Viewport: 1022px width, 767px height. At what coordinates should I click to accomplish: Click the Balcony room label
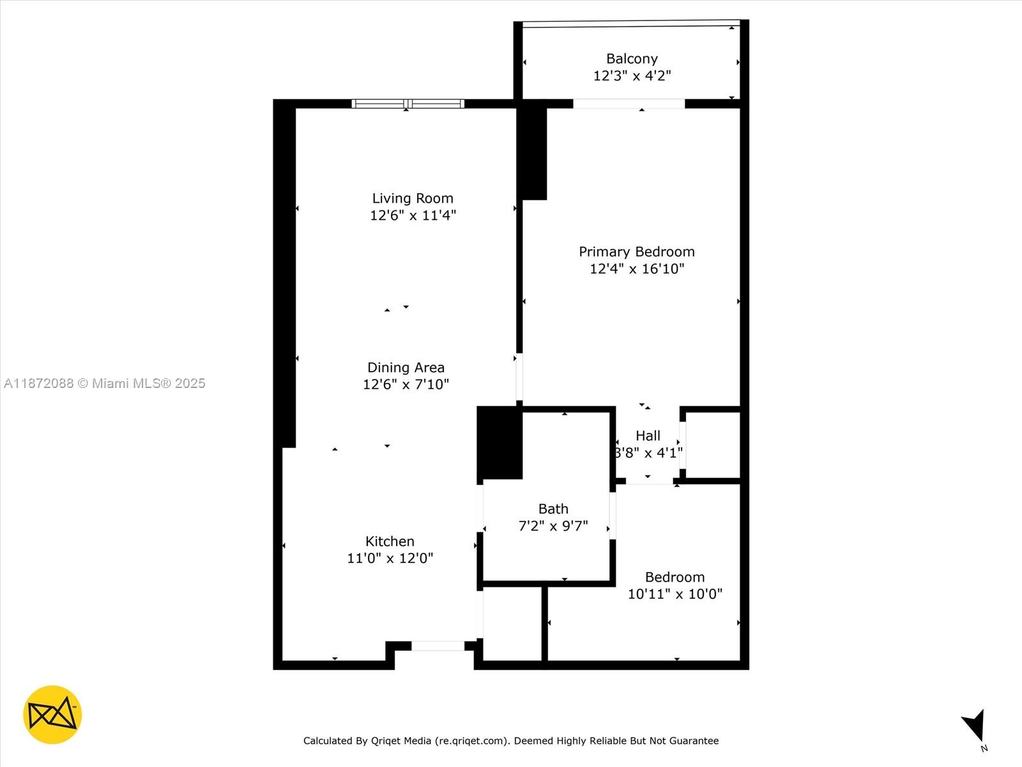pos(632,59)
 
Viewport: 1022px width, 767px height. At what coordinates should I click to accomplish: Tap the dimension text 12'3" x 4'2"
pos(632,75)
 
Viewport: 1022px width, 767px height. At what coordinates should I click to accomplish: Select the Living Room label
pos(413,198)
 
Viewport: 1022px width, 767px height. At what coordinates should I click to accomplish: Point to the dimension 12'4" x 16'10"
pos(637,268)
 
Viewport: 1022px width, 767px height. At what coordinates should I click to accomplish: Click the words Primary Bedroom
pos(637,252)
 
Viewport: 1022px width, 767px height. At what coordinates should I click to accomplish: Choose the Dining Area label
pos(406,368)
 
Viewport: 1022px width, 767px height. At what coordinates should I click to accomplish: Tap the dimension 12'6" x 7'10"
pos(406,384)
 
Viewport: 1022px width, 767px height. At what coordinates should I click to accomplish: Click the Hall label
pos(648,436)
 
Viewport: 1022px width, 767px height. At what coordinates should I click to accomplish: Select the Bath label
pos(553,509)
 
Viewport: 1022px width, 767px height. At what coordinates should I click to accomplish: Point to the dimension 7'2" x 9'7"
pos(553,526)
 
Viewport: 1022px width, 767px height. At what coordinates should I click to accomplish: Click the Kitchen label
pos(390,541)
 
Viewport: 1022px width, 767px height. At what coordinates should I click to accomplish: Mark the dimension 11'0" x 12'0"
pos(390,558)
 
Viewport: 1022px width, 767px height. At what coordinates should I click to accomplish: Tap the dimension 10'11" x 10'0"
pos(675,594)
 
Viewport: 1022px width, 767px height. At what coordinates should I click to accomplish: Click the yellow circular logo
pos(52,715)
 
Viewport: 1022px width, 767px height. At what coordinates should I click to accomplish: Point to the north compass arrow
pos(975,725)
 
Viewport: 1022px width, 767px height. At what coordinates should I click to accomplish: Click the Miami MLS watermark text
pos(105,383)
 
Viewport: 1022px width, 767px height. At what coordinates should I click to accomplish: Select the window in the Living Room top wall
pos(408,104)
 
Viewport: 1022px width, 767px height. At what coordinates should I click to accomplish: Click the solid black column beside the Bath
pos(500,442)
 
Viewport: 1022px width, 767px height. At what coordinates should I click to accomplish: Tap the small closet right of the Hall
pos(712,444)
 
